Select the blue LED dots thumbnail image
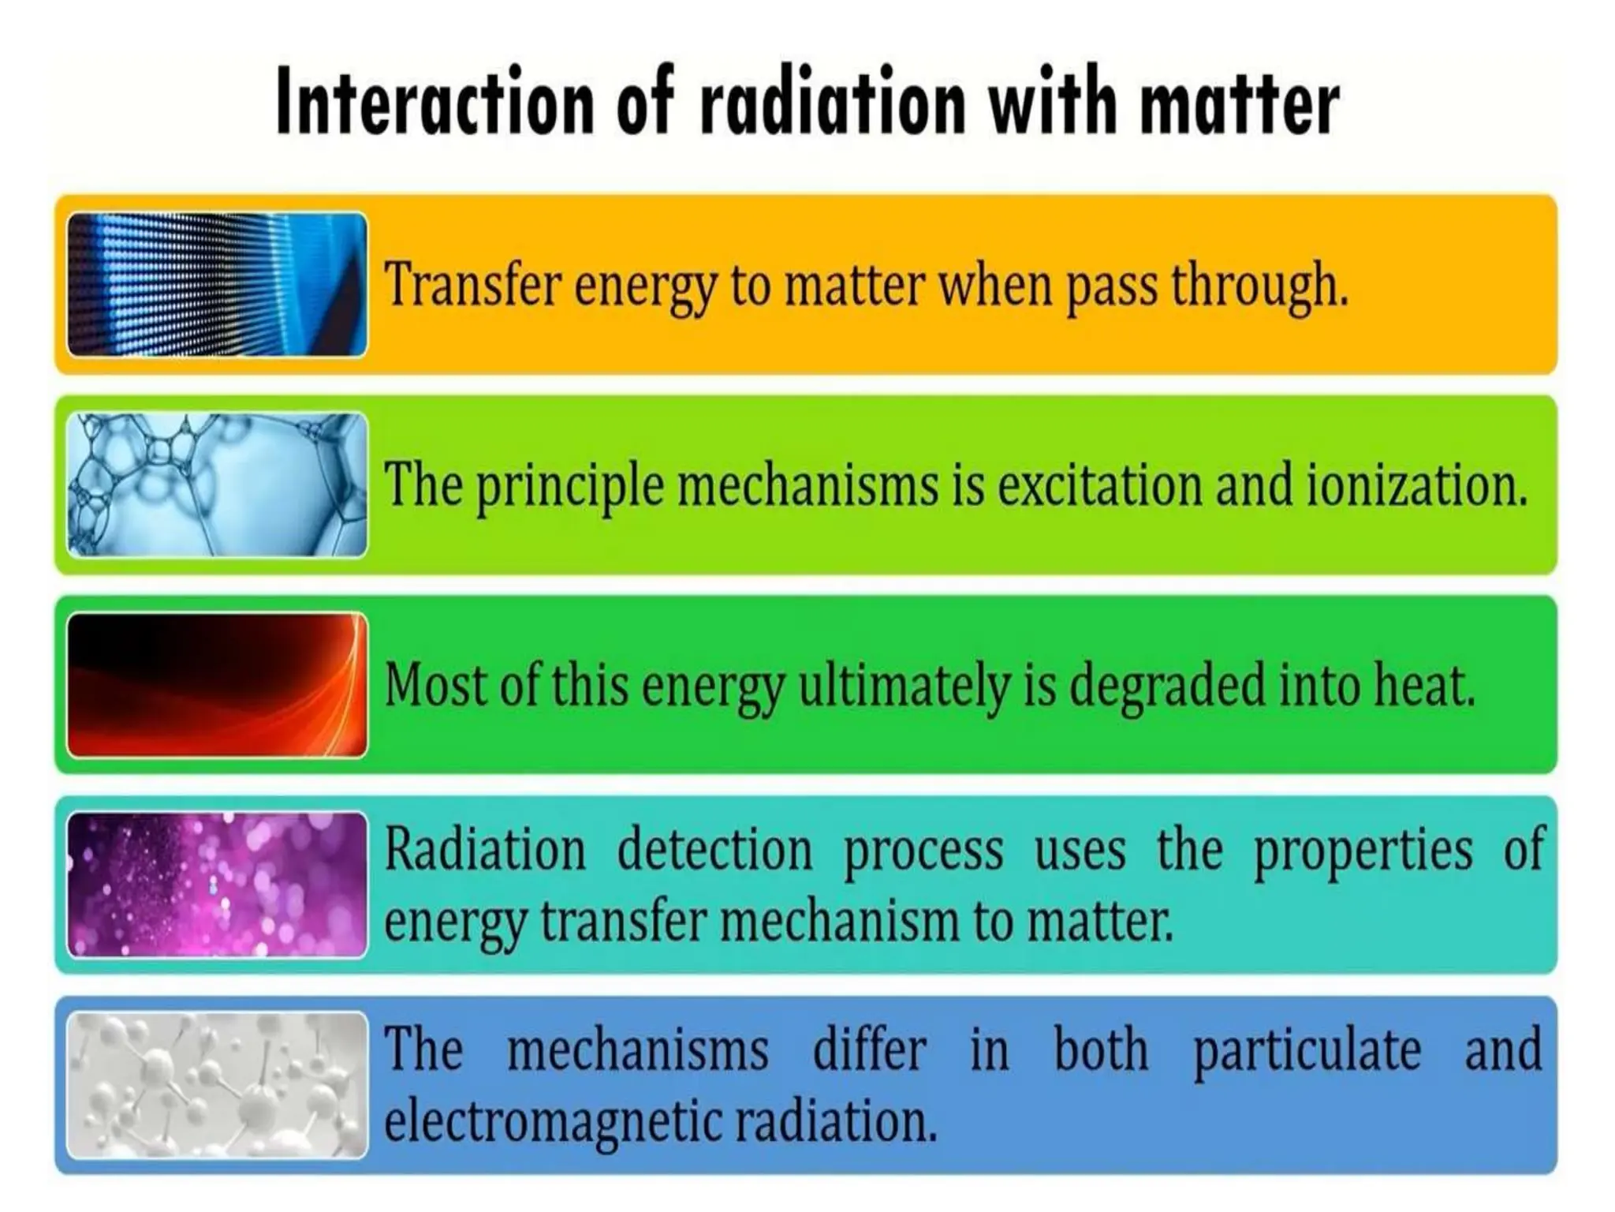(217, 284)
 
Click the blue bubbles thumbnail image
(217, 484)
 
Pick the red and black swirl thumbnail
(217, 685)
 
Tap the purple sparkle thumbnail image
(217, 885)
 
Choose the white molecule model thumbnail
(217, 1085)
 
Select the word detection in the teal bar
(714, 850)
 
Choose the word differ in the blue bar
(869, 1049)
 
